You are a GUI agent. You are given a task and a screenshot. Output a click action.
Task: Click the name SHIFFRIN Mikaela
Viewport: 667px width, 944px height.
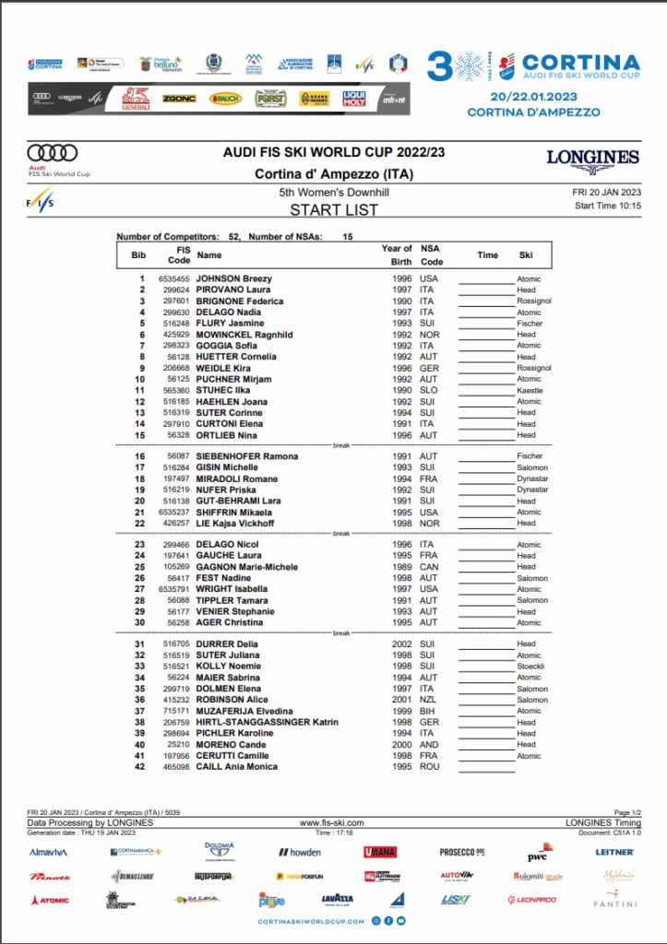pos(233,512)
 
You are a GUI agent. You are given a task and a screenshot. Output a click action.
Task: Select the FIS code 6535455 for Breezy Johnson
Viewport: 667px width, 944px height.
pos(173,278)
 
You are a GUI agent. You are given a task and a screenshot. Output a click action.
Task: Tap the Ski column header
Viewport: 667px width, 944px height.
pos(526,255)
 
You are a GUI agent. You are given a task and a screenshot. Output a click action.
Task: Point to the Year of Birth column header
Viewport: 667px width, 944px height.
pos(397,254)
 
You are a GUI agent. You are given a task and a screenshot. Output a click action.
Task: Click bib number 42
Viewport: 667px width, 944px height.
pos(140,767)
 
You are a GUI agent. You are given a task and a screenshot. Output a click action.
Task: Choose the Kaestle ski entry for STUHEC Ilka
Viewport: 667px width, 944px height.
pos(530,390)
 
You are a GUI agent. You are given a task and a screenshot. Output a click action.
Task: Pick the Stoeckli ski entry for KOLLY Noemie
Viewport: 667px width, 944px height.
pos(530,667)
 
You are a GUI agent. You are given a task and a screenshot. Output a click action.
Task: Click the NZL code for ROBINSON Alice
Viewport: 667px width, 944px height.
pos(429,700)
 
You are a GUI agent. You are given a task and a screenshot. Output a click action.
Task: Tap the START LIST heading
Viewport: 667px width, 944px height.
pos(333,210)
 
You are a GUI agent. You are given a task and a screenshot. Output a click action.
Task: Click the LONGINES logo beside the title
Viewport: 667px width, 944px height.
pos(592,159)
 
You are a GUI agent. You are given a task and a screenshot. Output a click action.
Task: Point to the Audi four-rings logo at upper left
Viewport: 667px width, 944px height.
pos(53,152)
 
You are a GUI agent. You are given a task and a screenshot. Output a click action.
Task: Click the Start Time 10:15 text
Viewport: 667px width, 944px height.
pos(607,206)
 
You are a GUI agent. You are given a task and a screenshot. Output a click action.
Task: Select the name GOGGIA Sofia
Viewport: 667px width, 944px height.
pos(226,346)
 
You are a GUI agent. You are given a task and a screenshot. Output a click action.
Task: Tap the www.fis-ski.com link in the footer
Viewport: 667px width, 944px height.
pos(332,822)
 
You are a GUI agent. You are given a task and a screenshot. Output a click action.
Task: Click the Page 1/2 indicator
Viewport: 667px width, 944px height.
pos(626,812)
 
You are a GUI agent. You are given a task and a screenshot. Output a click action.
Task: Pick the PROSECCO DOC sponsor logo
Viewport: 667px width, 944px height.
pos(463,852)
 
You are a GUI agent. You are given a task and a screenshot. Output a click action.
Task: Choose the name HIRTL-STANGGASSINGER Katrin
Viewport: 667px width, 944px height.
pos(267,723)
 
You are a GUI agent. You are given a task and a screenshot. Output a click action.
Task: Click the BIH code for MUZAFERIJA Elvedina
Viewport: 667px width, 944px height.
pos(429,711)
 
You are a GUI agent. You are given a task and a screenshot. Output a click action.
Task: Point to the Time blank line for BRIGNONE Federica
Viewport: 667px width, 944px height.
pos(486,301)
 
